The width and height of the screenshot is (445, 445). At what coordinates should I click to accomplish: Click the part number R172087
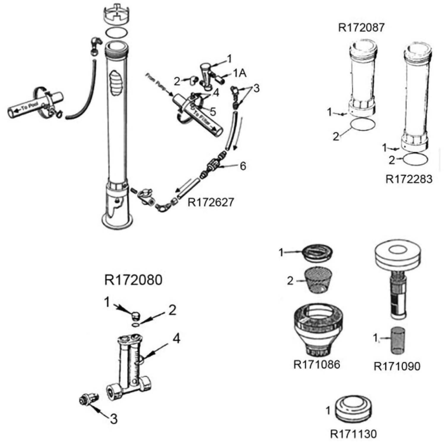[361, 28]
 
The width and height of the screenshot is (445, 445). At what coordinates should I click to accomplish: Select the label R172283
[409, 179]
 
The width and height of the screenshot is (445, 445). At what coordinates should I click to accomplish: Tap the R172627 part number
[211, 202]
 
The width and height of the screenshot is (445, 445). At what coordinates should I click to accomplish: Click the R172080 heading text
[133, 280]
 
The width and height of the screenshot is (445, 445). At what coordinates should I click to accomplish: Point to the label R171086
[317, 364]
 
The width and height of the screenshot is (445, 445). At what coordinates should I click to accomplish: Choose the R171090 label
[397, 366]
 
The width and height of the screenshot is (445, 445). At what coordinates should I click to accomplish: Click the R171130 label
[353, 434]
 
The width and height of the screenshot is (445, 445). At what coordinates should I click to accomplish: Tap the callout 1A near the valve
[240, 73]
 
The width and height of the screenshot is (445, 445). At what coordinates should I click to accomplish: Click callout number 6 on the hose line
[243, 166]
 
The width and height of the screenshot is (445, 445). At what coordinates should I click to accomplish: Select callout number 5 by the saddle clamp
[213, 112]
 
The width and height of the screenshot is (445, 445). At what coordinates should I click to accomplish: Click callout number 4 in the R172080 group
[176, 338]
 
